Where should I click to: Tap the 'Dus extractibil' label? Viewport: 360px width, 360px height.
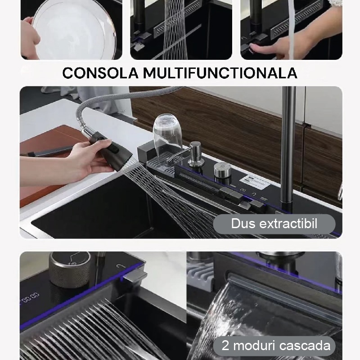point(274,224)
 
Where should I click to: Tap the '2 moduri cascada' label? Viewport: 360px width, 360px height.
point(274,346)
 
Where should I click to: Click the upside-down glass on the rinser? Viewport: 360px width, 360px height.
point(167,132)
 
